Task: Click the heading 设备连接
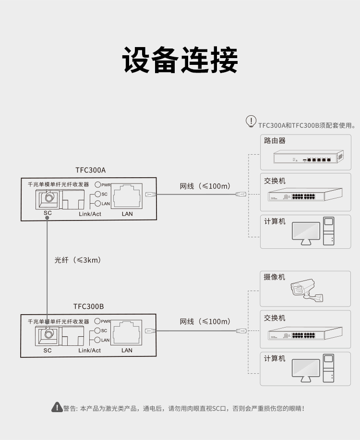point(180,60)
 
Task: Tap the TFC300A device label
point(91,170)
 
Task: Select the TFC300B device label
point(89,306)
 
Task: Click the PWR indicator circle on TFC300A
point(97,184)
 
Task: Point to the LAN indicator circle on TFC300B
point(97,340)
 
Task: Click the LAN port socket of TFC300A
point(127,196)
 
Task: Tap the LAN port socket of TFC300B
point(126,332)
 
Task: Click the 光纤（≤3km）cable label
point(78,260)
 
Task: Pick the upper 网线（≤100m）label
point(205,186)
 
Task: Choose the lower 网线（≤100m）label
point(205,321)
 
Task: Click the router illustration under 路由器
point(309,157)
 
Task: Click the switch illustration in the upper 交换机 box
point(305,194)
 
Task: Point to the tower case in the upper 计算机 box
point(329,231)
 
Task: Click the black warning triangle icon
point(57,407)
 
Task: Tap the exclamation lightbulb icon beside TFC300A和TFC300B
point(251,122)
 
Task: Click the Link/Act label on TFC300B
point(89,350)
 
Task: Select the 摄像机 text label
point(274,277)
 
